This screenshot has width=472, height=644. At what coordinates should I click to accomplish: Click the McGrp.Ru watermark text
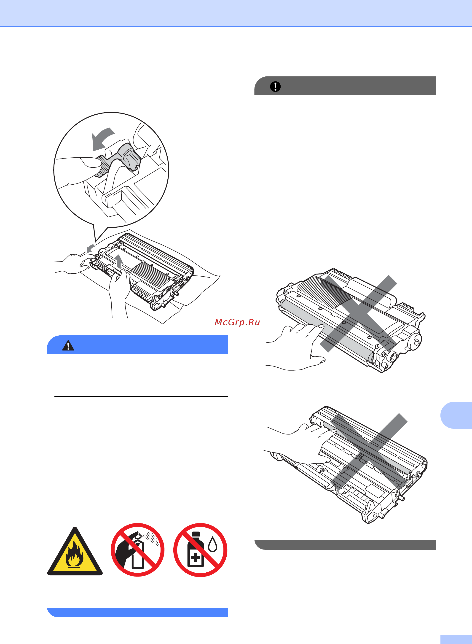[237, 322]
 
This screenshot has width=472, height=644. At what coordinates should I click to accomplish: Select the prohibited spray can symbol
[138, 550]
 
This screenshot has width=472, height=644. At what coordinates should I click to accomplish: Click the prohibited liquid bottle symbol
[200, 550]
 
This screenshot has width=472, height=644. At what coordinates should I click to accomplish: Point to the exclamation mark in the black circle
[275, 86]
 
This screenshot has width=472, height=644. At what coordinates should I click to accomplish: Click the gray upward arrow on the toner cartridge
[119, 261]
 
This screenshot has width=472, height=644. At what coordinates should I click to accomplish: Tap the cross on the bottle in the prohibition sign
[196, 557]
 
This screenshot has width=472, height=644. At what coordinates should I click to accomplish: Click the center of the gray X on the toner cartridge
[358, 314]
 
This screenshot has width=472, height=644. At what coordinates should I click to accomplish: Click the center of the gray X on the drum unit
[369, 452]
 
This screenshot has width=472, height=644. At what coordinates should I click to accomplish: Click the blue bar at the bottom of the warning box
[137, 612]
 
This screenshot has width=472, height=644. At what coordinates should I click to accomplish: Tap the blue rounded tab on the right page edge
[456, 415]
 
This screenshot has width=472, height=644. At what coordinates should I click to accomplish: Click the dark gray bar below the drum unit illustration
[345, 544]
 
